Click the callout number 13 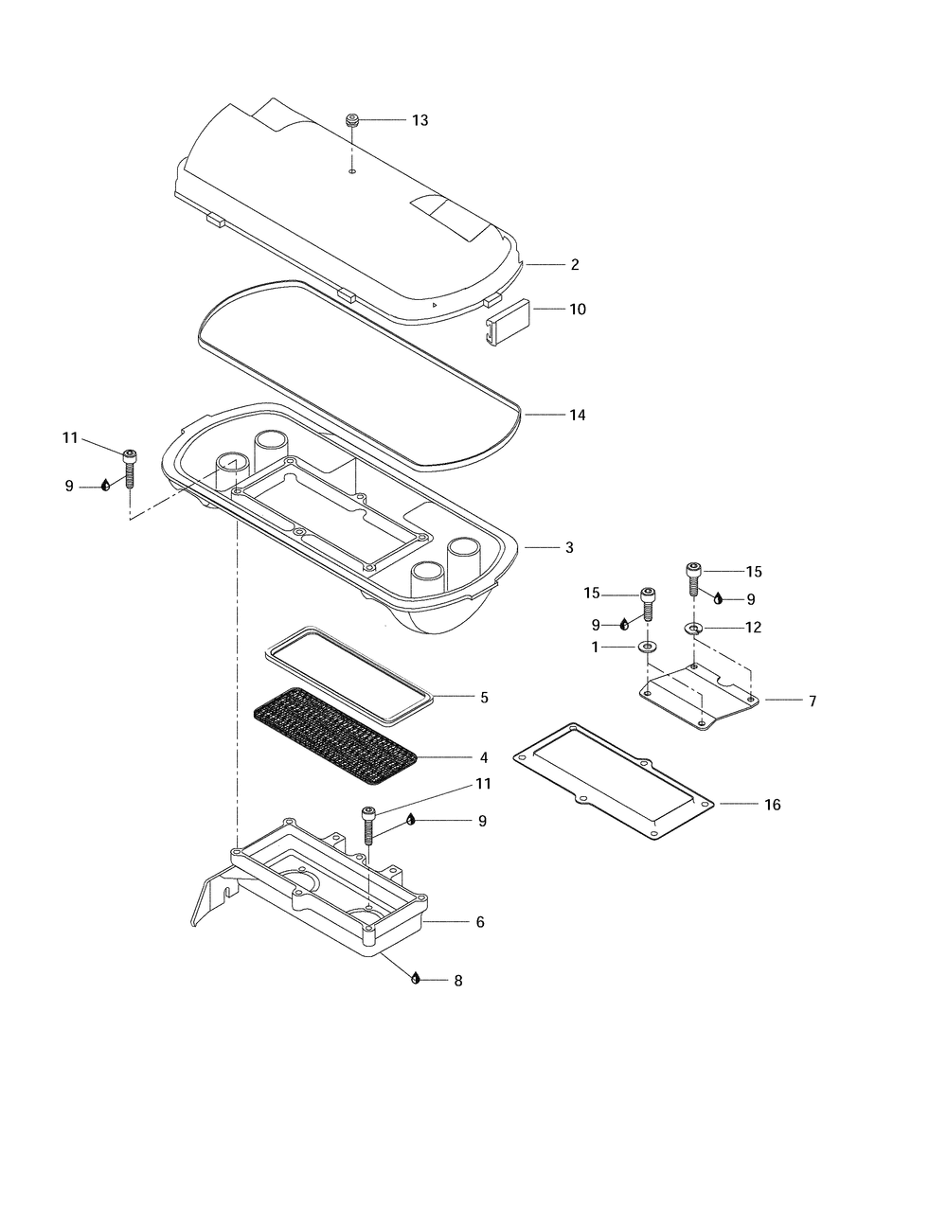coord(420,120)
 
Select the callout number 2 coord(575,264)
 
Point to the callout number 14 coord(577,415)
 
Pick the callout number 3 coord(569,547)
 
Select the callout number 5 coord(484,698)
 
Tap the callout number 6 coord(480,921)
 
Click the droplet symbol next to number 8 coord(415,979)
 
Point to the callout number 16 coord(772,805)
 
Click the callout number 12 coord(753,627)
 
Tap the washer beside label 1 coord(648,647)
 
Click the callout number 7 coord(813,701)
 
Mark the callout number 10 coord(577,309)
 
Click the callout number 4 coord(484,757)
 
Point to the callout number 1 coord(595,647)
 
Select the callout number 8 coord(458,981)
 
